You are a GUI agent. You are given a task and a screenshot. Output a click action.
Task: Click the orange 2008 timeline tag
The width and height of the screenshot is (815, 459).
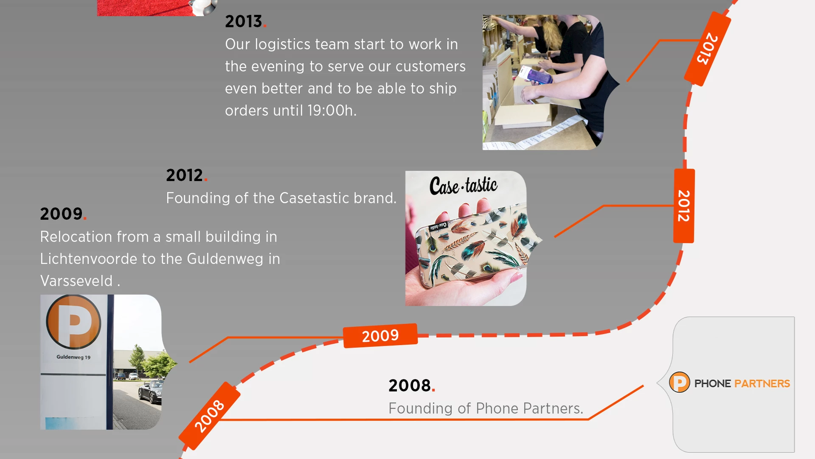coord(210,416)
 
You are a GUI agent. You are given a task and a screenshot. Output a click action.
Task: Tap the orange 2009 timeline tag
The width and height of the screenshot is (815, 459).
coord(380,336)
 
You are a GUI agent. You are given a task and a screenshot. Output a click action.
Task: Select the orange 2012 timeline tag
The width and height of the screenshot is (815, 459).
coord(684,206)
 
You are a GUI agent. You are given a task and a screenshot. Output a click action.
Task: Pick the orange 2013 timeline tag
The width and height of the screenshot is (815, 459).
coord(708,48)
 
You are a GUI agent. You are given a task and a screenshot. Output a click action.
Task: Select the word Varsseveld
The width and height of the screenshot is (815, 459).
coord(76,281)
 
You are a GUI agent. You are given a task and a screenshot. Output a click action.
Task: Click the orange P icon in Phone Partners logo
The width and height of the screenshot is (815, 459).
coord(680,382)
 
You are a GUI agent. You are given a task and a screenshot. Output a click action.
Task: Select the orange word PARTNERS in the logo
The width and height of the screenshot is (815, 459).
coord(762,383)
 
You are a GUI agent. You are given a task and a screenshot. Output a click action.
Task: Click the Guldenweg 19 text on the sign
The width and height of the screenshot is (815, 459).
coord(73,357)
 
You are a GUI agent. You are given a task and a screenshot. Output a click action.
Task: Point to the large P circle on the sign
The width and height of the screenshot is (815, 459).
coord(73,322)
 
